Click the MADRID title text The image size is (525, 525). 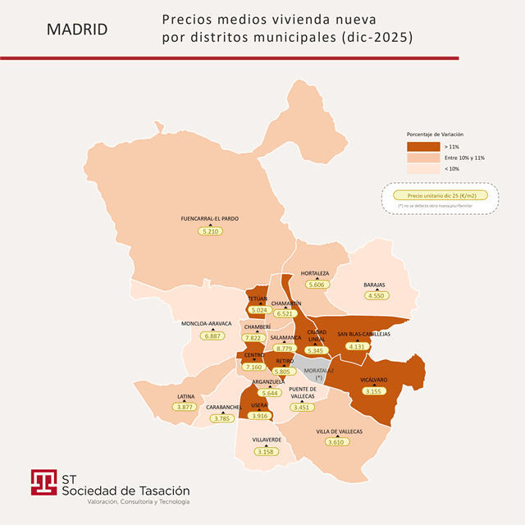pyautogui.click(x=77, y=30)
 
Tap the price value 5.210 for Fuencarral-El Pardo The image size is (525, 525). pyautogui.click(x=210, y=231)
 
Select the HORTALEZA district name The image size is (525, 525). pyautogui.click(x=315, y=273)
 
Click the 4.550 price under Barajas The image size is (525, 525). pyautogui.click(x=377, y=295)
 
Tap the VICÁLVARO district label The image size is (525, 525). pyautogui.click(x=373, y=380)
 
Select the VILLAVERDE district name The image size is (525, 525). pyautogui.click(x=266, y=440)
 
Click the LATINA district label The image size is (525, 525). pyautogui.click(x=185, y=396)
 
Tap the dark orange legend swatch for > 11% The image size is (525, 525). pyautogui.click(x=423, y=145)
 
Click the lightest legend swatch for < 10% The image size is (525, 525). pyautogui.click(x=423, y=169)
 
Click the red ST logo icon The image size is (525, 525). pyautogui.click(x=43, y=482)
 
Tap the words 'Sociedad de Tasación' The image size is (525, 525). pyautogui.click(x=126, y=490)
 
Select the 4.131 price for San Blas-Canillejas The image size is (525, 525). pyautogui.click(x=357, y=346)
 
